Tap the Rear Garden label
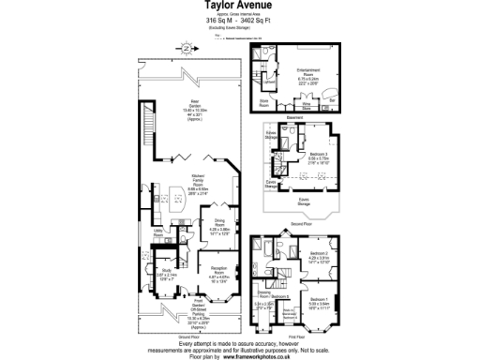click(195, 105)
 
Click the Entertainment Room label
click(308, 71)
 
